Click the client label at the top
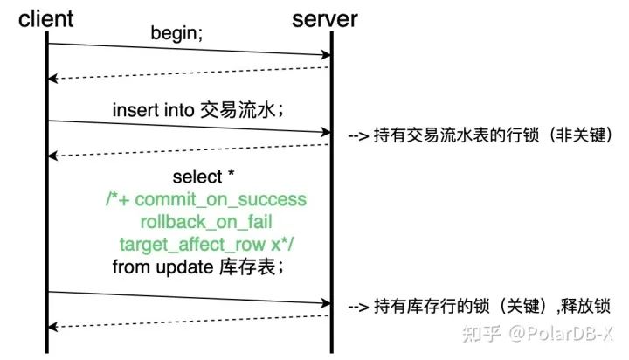(x=46, y=18)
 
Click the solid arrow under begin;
(x=188, y=50)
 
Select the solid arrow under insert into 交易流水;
(x=188, y=127)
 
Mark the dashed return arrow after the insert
(x=188, y=149)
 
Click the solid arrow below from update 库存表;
(x=188, y=298)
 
